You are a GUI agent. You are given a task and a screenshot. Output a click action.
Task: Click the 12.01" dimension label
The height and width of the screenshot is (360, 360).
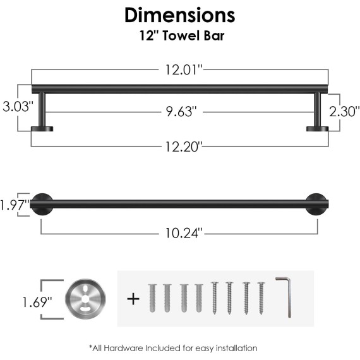point(184,70)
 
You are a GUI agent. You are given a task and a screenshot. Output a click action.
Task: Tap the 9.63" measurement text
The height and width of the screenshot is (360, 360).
point(182,112)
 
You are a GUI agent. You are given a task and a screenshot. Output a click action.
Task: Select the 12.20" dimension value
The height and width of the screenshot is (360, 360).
point(183,147)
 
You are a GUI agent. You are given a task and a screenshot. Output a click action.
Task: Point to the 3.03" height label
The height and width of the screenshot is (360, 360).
point(18,107)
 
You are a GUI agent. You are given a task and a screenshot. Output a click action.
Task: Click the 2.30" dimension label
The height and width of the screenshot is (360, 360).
point(344,112)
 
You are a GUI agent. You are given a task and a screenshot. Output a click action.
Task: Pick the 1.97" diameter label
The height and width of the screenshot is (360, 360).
point(15,205)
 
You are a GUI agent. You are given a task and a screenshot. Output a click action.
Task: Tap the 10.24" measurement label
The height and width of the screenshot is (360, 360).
point(184,233)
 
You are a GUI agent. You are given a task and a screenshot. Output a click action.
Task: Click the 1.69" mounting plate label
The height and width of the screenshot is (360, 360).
point(37,302)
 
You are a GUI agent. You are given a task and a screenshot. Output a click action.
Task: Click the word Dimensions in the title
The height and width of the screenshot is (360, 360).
point(180,15)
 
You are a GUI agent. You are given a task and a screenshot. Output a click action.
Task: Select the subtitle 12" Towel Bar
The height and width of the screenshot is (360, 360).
point(182,36)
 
